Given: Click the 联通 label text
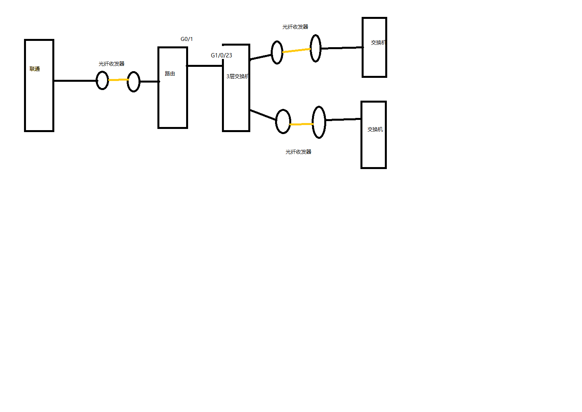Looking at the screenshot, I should point(35,69).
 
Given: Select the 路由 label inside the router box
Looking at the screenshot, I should point(170,74).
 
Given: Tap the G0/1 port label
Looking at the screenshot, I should point(187,39).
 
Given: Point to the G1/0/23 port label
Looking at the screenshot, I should point(221,55).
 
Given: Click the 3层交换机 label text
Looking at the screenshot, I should point(237,77).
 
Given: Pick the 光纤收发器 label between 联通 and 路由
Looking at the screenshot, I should point(111,64).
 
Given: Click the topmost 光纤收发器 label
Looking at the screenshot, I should point(295,27).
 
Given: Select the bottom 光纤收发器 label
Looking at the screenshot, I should point(298,152).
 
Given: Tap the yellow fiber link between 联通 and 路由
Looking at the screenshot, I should point(118,80).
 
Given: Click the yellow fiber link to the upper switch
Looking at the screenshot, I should point(296,50).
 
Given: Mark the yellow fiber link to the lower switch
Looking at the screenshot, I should point(301,124).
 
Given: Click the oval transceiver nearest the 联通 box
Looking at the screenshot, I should point(102,80).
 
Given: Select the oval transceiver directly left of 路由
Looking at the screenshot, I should point(133,82).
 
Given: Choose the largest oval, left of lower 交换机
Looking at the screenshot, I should point(319,122).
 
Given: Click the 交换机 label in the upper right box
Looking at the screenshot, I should point(378,43).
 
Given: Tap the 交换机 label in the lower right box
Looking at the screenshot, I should point(375,130).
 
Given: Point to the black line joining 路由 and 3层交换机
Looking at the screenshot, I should point(205,66).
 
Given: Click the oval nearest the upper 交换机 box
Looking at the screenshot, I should point(315,48).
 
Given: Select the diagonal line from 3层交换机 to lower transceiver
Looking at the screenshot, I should point(263,115).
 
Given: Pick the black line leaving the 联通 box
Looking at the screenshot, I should point(75,81).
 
